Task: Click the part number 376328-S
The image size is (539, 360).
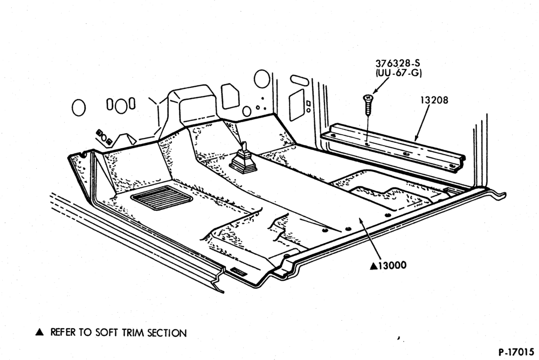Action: [x=398, y=63]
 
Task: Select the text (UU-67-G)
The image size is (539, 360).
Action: [x=398, y=73]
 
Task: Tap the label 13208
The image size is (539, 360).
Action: [x=434, y=100]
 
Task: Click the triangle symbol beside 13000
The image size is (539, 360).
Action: [x=374, y=266]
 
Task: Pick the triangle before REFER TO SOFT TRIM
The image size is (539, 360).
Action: [x=40, y=332]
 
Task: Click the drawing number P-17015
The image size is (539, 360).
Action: [x=516, y=352]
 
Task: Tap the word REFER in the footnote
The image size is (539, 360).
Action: [x=63, y=332]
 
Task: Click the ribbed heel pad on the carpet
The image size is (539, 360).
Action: [x=162, y=197]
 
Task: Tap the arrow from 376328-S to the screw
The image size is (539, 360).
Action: [x=381, y=86]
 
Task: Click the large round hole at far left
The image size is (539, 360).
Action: [x=78, y=108]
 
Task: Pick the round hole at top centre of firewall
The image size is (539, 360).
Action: [x=262, y=78]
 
